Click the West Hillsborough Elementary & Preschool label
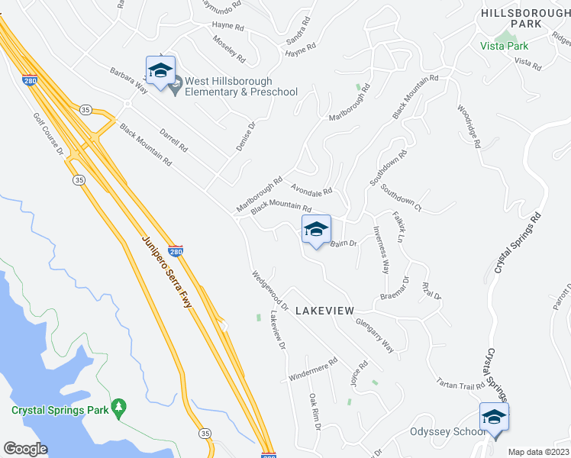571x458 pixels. tap(240, 86)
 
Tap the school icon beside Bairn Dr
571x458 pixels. tap(316, 229)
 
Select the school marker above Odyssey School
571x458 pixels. tap(494, 417)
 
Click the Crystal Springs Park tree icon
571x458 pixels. tap(118, 408)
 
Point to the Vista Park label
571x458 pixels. tap(505, 46)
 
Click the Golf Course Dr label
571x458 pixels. tap(47, 135)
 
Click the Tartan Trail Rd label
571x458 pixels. tap(460, 384)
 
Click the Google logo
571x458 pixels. tap(25, 449)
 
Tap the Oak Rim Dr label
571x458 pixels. tap(314, 411)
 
